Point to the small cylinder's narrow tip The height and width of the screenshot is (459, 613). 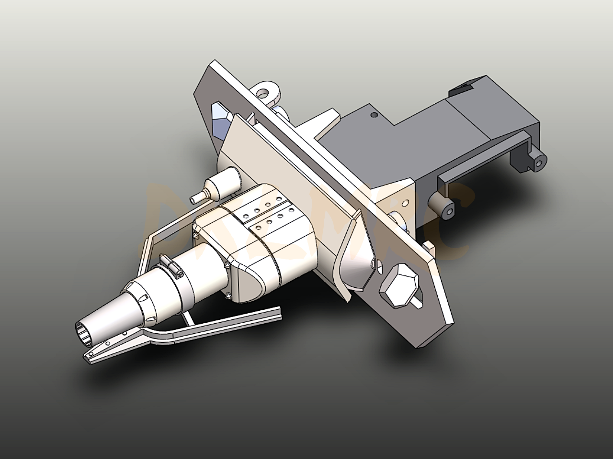coord(195,197)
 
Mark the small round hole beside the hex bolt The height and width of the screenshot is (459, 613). coord(379,263)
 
